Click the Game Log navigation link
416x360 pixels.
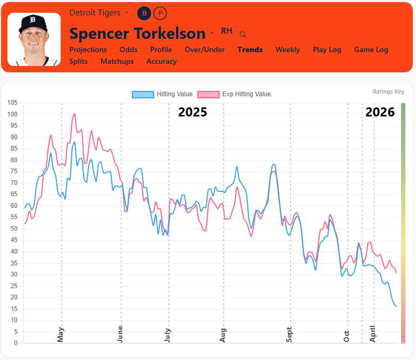[371, 49]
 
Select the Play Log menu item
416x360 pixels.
[327, 49]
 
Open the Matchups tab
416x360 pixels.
[117, 61]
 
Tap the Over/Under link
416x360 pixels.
[204, 49]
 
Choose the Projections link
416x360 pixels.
[88, 49]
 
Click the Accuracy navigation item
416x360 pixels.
[161, 61]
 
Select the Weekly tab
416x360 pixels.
[287, 49]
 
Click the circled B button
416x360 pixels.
[144, 13]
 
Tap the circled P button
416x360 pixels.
[160, 13]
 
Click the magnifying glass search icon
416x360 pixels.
[243, 35]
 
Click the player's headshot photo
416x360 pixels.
[34, 39]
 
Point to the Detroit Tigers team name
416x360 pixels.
[95, 12]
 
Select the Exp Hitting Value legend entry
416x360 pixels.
[234, 94]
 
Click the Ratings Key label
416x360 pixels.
[388, 91]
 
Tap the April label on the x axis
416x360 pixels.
[372, 333]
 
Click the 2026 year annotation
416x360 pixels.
[380, 112]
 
